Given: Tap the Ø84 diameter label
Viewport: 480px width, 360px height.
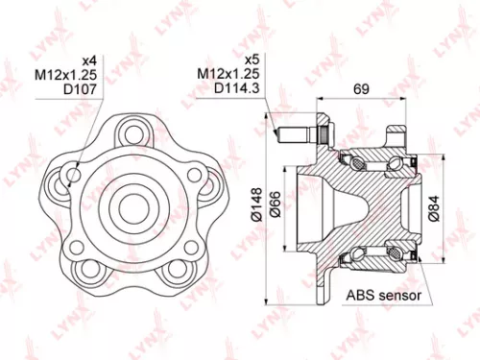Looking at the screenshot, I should [x=434, y=204].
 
